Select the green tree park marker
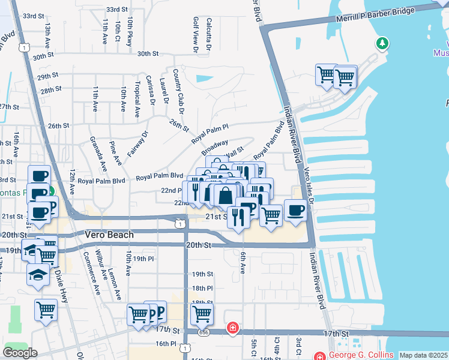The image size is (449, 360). click(x=382, y=43)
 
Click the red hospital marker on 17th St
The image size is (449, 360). click(x=232, y=329)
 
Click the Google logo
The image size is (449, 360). click(x=20, y=352)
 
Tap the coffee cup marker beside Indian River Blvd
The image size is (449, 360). click(x=295, y=210)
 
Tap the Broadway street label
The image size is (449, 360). click(x=214, y=146)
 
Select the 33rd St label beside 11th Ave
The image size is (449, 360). click(x=116, y=10)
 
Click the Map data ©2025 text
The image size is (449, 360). click(x=423, y=355)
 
